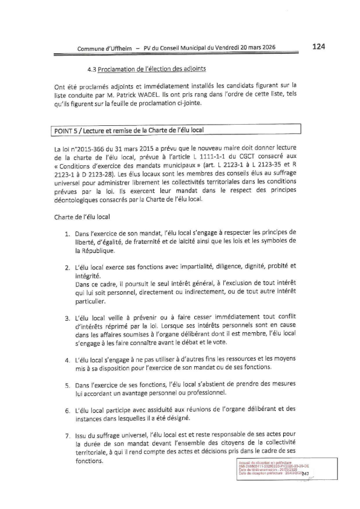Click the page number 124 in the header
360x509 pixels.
(320, 45)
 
